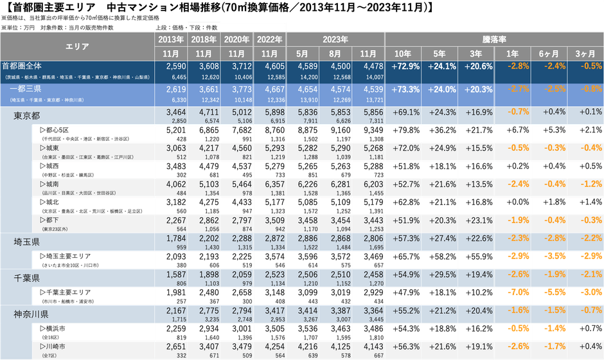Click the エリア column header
78,46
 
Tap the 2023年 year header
332,39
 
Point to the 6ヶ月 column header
548,53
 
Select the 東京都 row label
28,114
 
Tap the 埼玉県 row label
28,240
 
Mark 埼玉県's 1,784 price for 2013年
175,238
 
